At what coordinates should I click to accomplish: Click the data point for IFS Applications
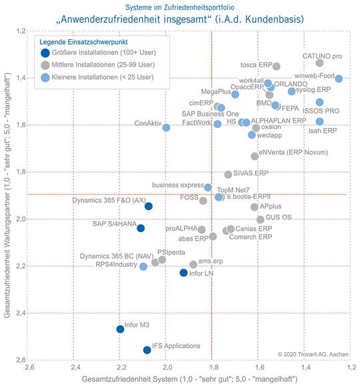coord(147,350)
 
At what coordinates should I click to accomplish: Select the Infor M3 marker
coord(120,329)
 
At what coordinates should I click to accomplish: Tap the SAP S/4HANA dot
coord(141,228)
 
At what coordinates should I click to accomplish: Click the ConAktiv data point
coord(166,127)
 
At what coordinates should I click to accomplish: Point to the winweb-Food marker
coord(339,79)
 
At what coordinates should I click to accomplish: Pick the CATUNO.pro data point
coord(319,63)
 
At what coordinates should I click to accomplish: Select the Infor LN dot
coord(184,273)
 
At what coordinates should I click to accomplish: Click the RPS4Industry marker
coord(143,267)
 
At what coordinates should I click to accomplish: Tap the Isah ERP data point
coord(319,122)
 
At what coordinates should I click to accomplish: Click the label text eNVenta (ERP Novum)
coord(293,153)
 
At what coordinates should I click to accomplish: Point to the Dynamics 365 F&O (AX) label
coord(109,199)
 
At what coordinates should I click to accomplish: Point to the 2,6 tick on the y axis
coord(21,361)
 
